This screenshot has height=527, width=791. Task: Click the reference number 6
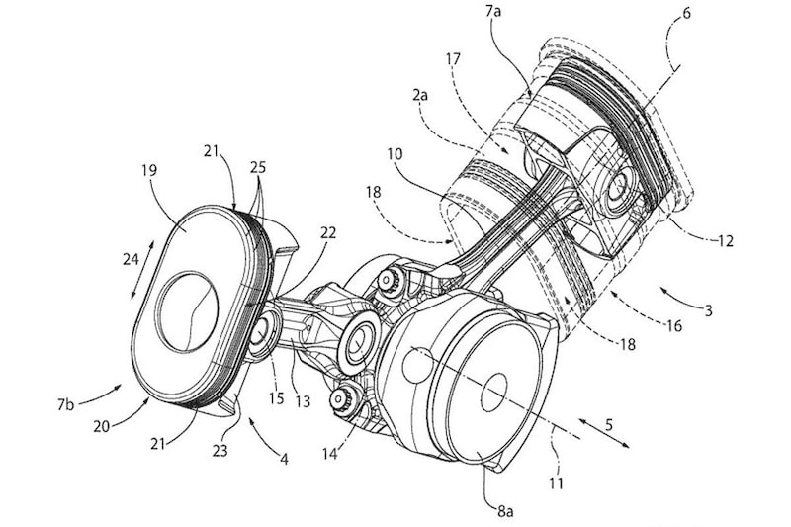(x=686, y=13)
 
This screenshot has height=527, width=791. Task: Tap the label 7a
(x=492, y=12)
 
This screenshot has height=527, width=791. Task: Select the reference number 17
(x=453, y=59)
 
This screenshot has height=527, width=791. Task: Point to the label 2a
(x=419, y=94)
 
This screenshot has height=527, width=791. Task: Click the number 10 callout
(x=395, y=154)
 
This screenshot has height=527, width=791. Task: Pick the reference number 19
(x=150, y=170)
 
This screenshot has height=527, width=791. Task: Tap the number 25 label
(x=257, y=167)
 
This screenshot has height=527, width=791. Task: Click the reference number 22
(x=328, y=233)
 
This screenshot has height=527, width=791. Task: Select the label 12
(x=725, y=241)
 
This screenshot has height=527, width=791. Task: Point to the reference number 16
(x=674, y=325)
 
